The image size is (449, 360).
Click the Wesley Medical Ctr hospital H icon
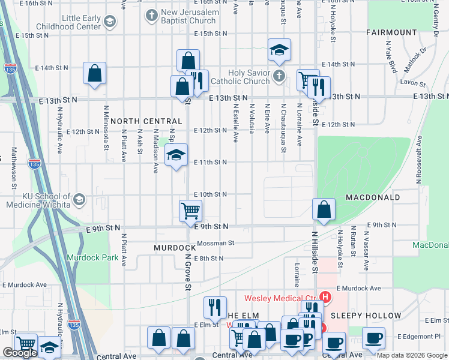point(325,297)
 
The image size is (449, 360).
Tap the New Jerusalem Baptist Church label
point(188,17)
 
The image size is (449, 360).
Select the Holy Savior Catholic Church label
point(248,77)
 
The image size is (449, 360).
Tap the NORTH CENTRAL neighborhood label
point(146,121)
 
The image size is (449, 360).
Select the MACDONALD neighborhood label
point(373,197)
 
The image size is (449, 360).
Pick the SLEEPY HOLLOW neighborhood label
point(366,316)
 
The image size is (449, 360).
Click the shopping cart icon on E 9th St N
point(190,211)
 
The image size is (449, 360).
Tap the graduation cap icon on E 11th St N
point(176,155)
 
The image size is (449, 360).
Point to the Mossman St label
point(215,243)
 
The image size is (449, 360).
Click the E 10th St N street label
point(210,194)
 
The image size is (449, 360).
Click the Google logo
point(20,353)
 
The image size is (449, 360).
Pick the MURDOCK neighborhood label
point(175,247)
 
